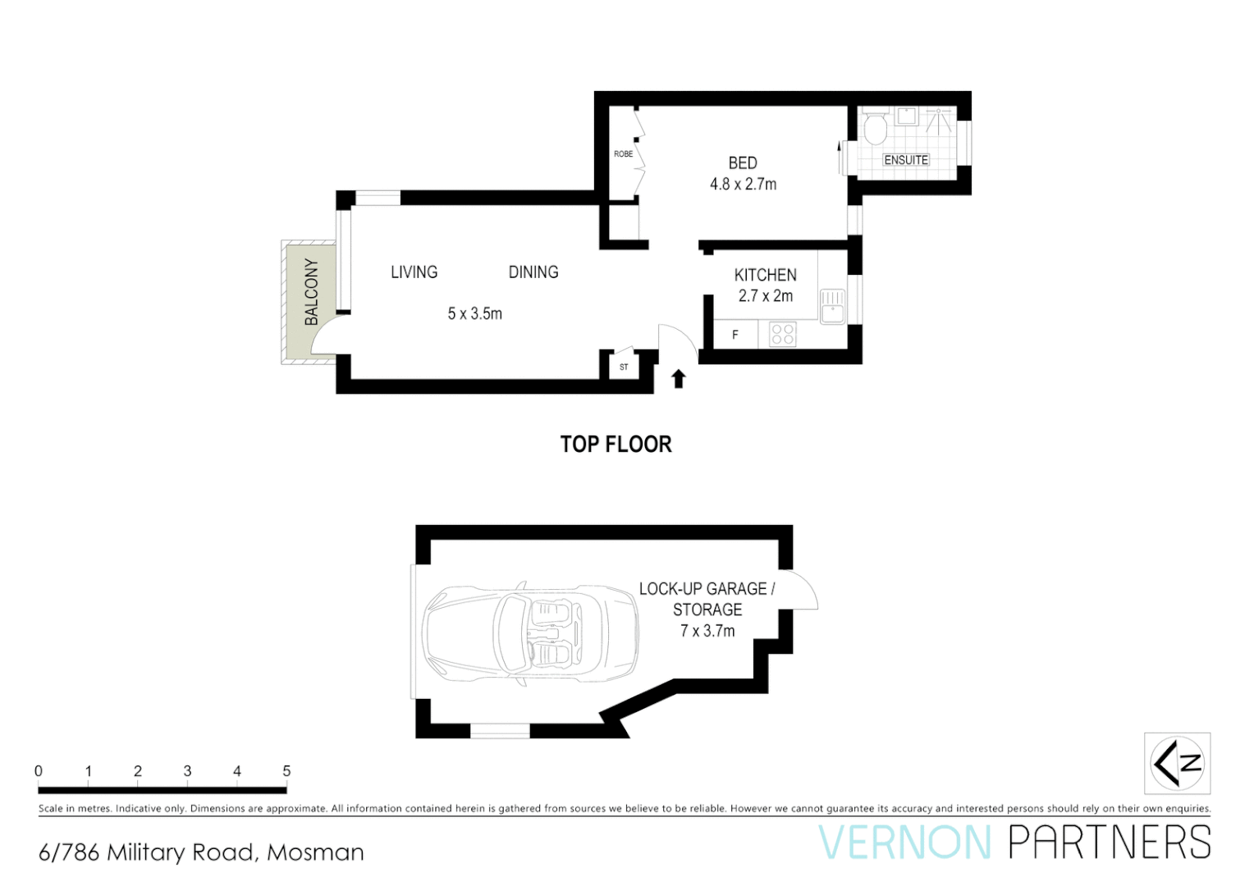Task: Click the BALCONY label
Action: (x=311, y=291)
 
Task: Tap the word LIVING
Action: (x=414, y=272)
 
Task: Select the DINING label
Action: (x=533, y=272)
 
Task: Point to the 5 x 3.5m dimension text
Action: (x=474, y=313)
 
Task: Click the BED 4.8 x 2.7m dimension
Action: (x=743, y=185)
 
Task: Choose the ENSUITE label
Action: (x=906, y=160)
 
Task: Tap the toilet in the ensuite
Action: (x=876, y=127)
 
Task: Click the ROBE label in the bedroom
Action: (x=623, y=154)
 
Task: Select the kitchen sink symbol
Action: (x=832, y=306)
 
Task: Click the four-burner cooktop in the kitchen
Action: (x=782, y=334)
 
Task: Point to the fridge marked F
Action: (x=735, y=335)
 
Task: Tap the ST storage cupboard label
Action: (x=624, y=367)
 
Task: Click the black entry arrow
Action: (x=678, y=378)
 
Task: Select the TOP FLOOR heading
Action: (x=616, y=445)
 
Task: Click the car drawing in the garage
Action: (x=529, y=633)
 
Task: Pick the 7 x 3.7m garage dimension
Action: (x=707, y=631)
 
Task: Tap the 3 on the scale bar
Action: (x=187, y=771)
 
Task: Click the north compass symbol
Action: (x=1177, y=763)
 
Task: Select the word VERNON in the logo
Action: (x=905, y=843)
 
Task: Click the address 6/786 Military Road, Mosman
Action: (x=201, y=852)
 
